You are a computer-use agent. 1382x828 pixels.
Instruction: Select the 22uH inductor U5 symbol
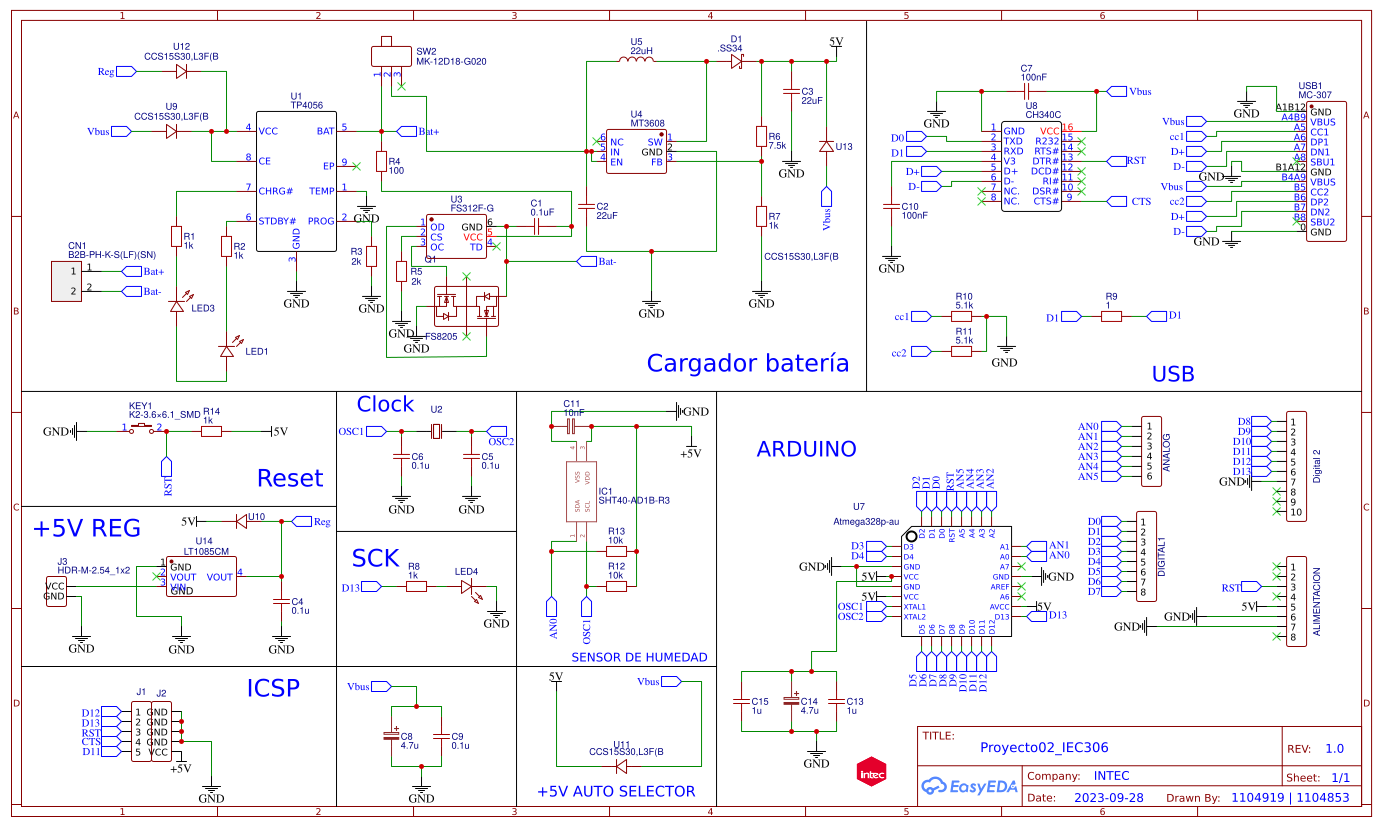[x=636, y=60]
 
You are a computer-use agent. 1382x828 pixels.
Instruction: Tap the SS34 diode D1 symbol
[x=737, y=61]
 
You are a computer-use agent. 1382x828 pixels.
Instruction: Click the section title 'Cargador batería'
[x=747, y=363]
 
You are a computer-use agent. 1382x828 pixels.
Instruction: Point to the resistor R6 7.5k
[x=761, y=137]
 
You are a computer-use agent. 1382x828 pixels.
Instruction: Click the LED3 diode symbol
[x=177, y=306]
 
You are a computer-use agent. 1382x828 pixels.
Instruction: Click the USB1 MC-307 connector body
[x=1326, y=171]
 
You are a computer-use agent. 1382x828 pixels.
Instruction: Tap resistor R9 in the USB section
[x=1111, y=316]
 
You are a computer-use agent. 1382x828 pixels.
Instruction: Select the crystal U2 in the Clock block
[x=436, y=431]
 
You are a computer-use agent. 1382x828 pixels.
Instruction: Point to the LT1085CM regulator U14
[x=201, y=577]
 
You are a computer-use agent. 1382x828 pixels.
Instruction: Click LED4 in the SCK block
[x=466, y=587]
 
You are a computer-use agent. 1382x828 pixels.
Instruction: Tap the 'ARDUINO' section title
[x=806, y=449]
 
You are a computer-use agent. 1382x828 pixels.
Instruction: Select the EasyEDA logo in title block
[x=969, y=787]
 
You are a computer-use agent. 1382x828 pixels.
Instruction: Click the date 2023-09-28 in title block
[x=1108, y=798]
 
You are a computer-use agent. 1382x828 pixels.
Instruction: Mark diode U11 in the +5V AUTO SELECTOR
[x=621, y=767]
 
